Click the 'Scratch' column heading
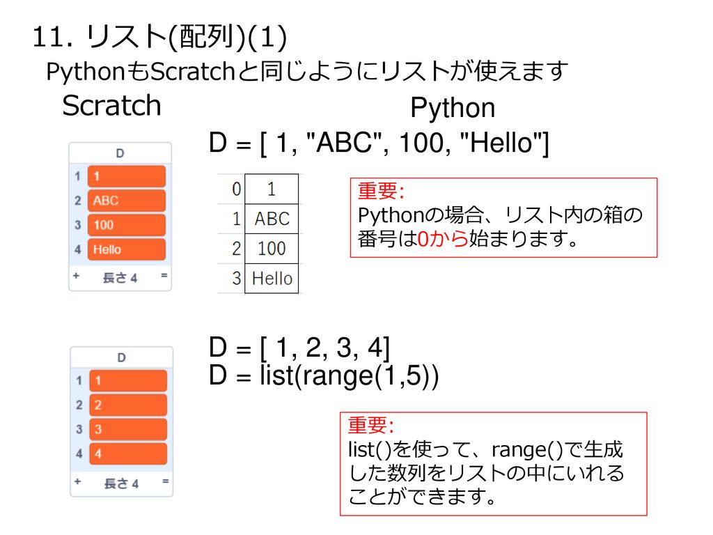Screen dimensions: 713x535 112,106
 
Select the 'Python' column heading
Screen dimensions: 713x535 453,108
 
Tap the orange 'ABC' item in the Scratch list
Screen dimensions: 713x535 127,201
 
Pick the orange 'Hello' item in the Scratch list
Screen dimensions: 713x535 127,249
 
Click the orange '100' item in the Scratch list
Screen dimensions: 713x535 127,225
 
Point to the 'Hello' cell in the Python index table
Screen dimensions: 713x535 272,279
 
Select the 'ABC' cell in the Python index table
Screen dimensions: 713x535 272,219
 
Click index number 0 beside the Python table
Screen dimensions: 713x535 237,189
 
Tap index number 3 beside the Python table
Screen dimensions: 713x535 237,279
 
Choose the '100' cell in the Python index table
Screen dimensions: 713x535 272,249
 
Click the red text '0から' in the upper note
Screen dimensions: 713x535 442,238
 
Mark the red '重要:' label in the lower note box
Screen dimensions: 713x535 370,424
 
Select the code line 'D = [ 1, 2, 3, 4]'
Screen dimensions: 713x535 299,348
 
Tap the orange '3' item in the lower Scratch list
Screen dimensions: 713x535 128,429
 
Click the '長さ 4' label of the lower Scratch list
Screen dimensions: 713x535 121,483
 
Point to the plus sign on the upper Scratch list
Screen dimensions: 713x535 76,276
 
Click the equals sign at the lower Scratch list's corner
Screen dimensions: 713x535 165,481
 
